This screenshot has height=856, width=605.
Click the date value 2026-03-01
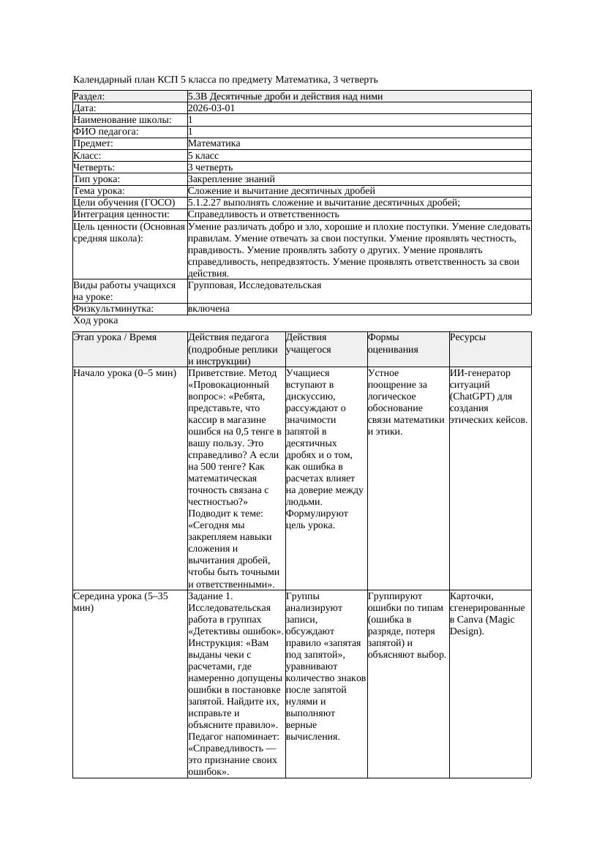point(211,108)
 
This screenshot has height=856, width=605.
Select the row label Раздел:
point(89,97)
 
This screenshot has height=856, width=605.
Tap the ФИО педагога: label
point(106,132)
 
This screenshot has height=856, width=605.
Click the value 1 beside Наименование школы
point(191,120)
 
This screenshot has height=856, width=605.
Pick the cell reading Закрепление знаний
point(231,179)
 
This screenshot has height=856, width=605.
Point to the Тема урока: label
point(99,190)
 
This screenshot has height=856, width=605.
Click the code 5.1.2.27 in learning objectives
point(206,203)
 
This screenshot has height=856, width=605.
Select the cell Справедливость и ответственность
point(263,214)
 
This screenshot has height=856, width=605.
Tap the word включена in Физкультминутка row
point(208,309)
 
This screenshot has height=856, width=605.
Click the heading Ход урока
point(96,320)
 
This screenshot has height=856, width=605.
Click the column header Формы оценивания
point(393,343)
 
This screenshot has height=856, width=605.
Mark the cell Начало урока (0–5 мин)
point(125,373)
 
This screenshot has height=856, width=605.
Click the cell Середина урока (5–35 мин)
point(121,601)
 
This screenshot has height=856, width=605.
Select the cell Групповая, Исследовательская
point(255,285)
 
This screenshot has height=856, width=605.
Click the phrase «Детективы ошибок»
point(236,631)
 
